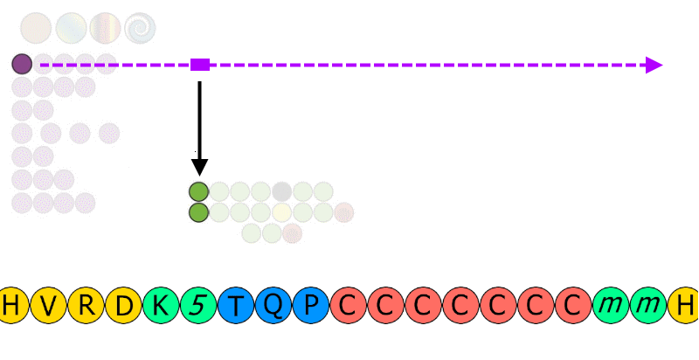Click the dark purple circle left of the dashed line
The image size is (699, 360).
22,64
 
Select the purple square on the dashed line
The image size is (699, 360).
200,65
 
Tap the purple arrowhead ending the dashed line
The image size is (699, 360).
654,65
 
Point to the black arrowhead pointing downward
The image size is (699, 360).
200,167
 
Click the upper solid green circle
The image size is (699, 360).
199,192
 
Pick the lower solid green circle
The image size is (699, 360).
199,212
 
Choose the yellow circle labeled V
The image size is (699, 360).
49,305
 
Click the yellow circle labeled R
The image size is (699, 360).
87,305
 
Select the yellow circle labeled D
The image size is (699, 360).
124,305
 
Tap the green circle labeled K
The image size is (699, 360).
162,305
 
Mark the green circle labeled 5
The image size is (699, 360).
199,305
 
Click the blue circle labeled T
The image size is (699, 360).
236,305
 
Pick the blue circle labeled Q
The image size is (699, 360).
273,305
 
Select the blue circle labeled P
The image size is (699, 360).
311,305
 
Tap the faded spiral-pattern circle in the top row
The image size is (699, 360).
140,28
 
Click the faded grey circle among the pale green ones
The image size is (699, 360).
281,192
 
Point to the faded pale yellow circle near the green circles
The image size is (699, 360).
281,212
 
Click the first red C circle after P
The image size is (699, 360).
349,305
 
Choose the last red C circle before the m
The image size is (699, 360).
573,305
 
